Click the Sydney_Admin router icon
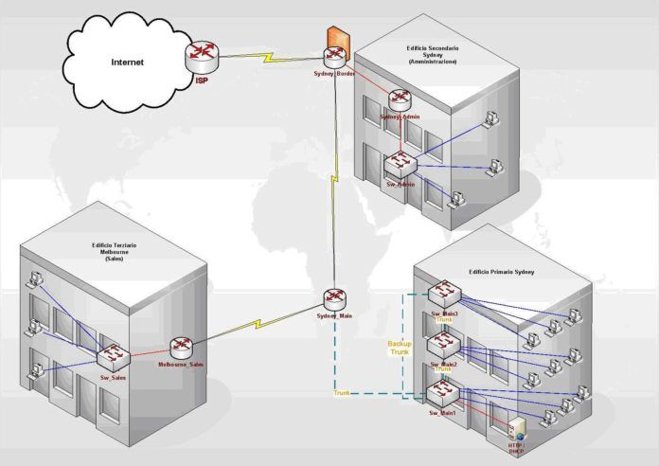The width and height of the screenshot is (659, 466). [x=399, y=100]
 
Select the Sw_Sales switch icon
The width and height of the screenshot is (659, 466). [x=113, y=357]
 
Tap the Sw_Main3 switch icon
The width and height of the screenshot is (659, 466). [x=443, y=294]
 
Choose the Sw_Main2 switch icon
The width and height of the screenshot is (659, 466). [x=443, y=343]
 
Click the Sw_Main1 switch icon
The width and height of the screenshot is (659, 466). [x=442, y=392]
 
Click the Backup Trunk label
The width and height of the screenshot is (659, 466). [x=400, y=348]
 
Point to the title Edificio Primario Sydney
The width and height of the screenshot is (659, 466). [x=501, y=272]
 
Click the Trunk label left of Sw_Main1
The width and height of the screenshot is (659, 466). [x=341, y=393]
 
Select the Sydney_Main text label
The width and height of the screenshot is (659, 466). [x=334, y=315]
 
